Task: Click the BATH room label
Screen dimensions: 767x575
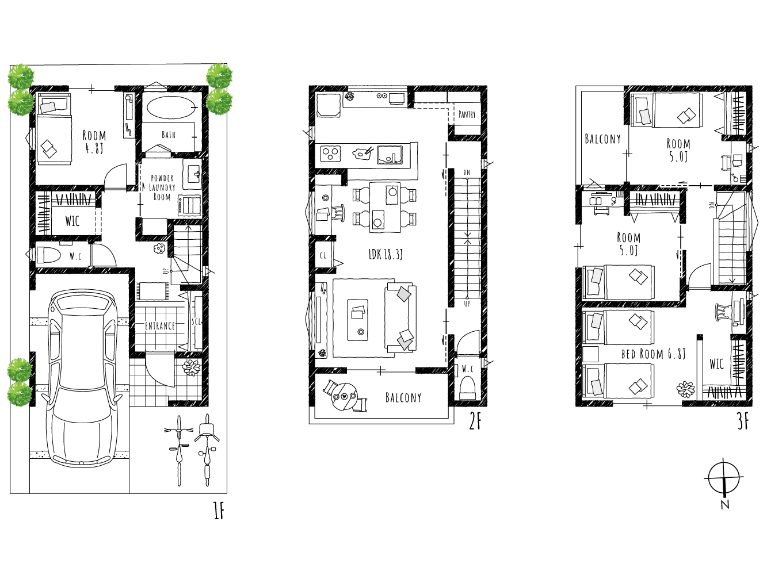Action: point(169,135)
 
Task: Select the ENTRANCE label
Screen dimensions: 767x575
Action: point(160,325)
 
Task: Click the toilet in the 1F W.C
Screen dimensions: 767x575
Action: point(48,255)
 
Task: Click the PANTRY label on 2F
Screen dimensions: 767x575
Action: point(467,114)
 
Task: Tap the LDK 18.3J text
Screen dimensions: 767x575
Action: point(386,254)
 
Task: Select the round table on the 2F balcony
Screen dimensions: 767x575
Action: point(344,397)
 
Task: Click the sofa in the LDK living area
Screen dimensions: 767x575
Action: point(400,318)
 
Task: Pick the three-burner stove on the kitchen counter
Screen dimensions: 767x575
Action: point(330,154)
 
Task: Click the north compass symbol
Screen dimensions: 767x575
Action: point(724,478)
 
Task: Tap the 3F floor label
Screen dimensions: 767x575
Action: point(743,421)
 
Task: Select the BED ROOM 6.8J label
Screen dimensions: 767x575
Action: point(654,354)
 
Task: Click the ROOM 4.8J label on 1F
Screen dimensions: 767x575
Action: point(94,142)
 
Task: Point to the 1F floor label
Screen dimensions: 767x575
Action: point(219,511)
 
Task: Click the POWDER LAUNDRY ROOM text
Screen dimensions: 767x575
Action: point(162,187)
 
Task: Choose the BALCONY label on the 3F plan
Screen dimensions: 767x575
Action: point(603,139)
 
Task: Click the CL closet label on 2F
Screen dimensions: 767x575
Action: point(323,255)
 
